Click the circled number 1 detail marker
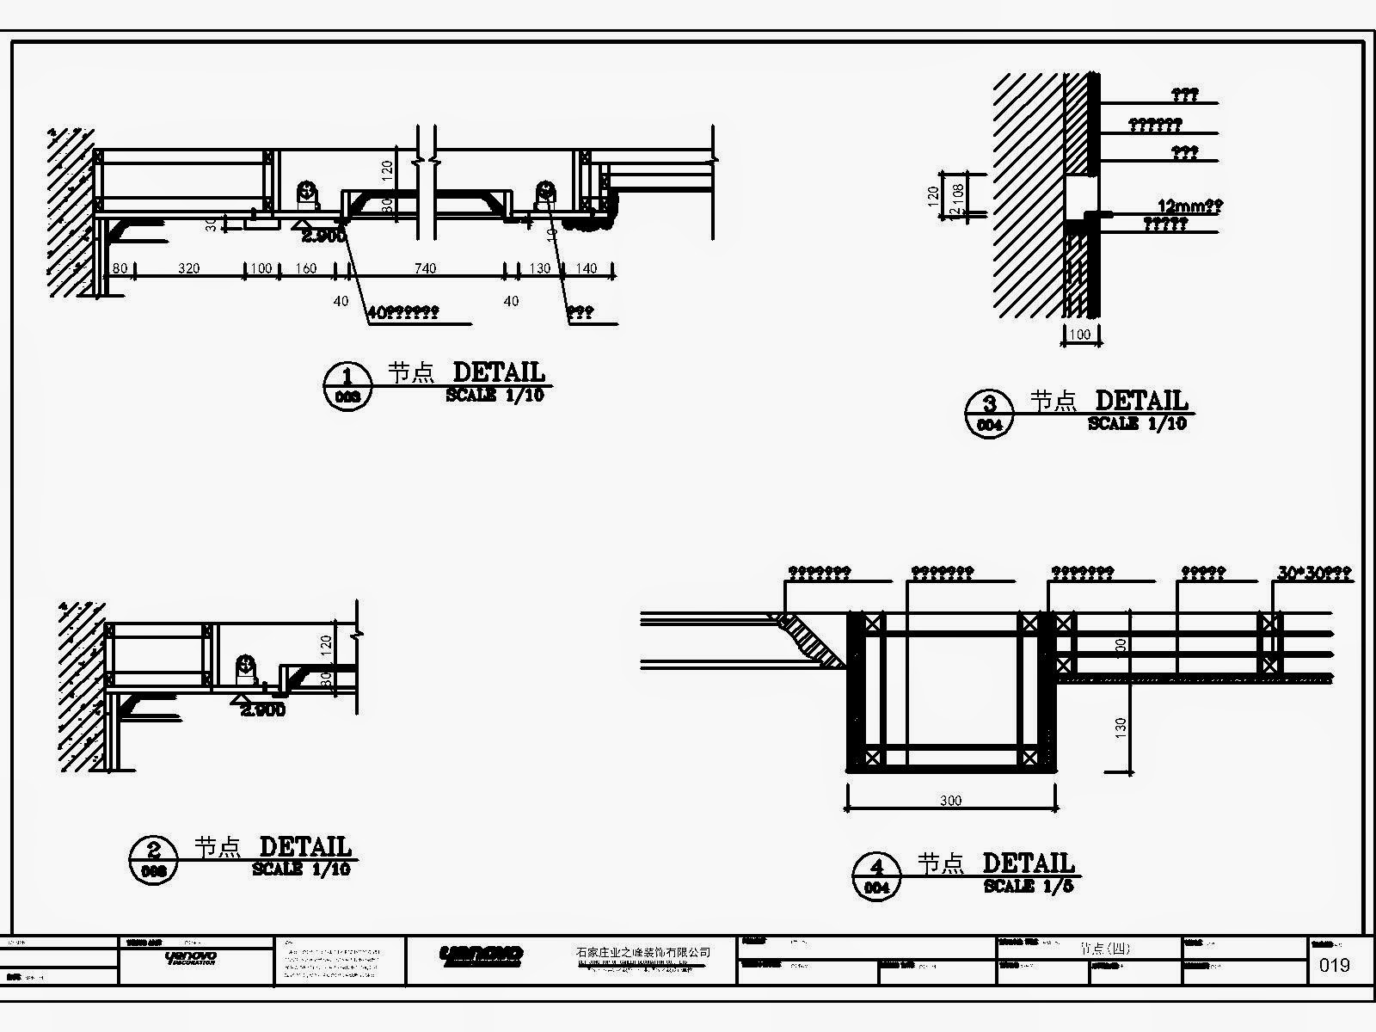coord(347,384)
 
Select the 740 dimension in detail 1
coord(425,268)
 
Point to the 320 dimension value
coord(188,268)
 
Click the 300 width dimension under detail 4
coord(950,801)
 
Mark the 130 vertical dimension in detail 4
coord(1121,728)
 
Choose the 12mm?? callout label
coord(1190,206)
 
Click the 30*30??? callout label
coord(1314,573)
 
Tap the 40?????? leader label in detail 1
coord(402,313)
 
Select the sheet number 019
coord(1334,965)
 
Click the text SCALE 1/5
coord(1029,886)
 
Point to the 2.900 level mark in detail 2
coord(262,710)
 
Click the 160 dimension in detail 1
coord(305,268)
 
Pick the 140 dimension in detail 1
coord(586,268)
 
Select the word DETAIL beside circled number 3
coord(1140,401)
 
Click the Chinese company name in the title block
coord(643,952)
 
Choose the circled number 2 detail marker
coord(154,858)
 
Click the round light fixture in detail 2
coord(245,666)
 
